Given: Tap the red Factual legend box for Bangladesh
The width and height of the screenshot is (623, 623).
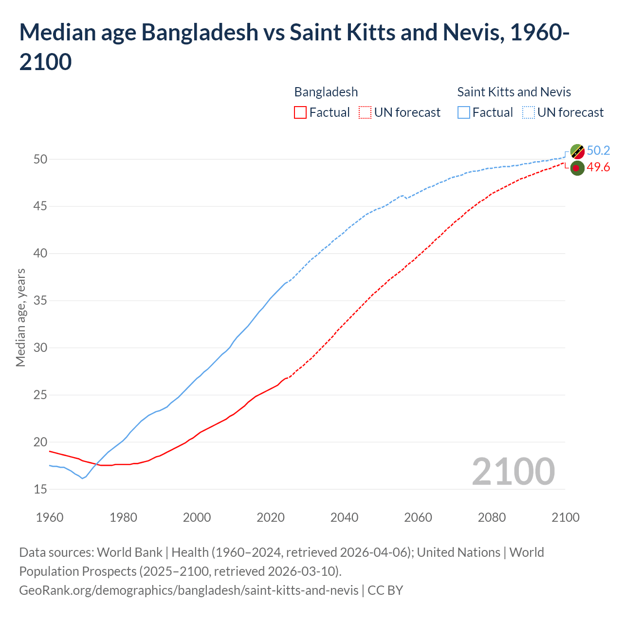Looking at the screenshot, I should click(x=300, y=112).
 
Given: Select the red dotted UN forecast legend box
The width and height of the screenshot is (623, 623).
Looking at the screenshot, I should click(x=365, y=112).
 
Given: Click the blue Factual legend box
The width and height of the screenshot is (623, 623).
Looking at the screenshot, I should click(x=464, y=112).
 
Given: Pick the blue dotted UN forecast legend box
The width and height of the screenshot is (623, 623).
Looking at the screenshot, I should click(x=529, y=112).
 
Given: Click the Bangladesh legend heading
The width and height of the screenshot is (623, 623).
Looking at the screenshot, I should click(x=326, y=92).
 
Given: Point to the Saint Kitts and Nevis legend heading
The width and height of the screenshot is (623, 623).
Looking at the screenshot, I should click(x=514, y=92).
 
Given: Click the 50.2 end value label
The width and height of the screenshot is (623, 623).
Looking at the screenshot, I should click(x=598, y=151).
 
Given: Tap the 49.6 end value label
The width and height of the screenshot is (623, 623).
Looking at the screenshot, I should click(x=598, y=167).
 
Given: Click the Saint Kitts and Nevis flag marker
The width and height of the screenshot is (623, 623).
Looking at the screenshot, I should click(x=577, y=151).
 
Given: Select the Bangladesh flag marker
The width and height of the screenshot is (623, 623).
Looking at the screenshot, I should click(x=577, y=168).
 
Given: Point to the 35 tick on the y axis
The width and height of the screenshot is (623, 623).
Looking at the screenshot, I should click(x=40, y=301).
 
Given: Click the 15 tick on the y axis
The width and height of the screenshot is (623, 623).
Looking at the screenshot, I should click(x=40, y=489).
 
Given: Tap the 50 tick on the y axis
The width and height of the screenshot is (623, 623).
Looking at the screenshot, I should click(x=40, y=159).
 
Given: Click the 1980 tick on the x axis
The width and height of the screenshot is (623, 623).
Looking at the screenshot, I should click(x=123, y=517).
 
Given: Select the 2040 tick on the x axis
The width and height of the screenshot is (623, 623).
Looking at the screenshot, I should click(x=344, y=517).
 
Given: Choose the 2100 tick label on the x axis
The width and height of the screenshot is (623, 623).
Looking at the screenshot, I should click(x=565, y=517).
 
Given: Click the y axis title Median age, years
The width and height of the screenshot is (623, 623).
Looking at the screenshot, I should click(x=20, y=317).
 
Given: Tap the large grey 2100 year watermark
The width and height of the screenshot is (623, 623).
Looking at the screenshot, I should click(x=513, y=471).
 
